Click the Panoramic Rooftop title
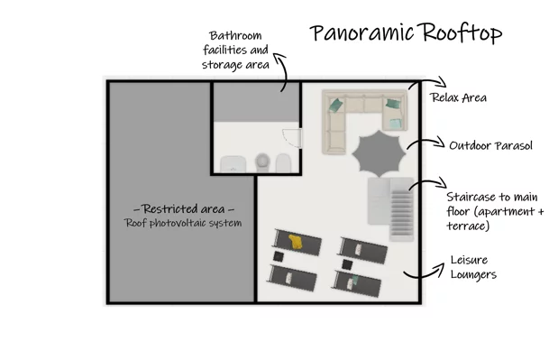click(x=406, y=32)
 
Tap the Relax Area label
click(x=458, y=97)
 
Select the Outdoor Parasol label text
click(x=490, y=145)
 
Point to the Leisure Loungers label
click(x=473, y=267)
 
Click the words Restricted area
click(x=184, y=209)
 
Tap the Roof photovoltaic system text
click(x=183, y=223)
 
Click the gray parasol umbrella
click(x=379, y=153)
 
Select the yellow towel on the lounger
click(x=296, y=242)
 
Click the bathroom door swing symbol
click(x=292, y=138)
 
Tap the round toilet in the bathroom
click(x=262, y=162)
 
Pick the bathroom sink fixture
click(x=233, y=164)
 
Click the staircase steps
click(x=402, y=213)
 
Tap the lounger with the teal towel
click(x=356, y=283)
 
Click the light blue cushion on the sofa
click(x=396, y=124)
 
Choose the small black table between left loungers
click(x=279, y=256)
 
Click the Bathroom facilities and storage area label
click(x=235, y=51)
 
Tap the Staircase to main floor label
click(x=495, y=211)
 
